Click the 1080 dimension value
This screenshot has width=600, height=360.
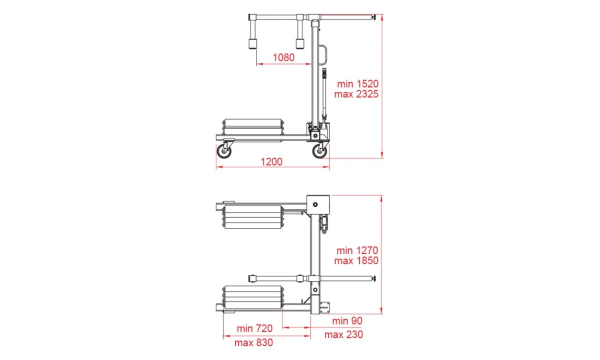pyautogui.click(x=283, y=57)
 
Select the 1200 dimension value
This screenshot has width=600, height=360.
pyautogui.click(x=271, y=162)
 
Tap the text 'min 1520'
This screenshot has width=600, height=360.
pyautogui.click(x=357, y=84)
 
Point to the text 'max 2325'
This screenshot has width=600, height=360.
pyautogui.click(x=356, y=94)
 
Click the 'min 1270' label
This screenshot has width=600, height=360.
pyautogui.click(x=357, y=250)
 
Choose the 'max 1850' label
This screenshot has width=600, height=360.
pyautogui.click(x=356, y=260)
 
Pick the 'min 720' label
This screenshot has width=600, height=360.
pyautogui.click(x=254, y=328)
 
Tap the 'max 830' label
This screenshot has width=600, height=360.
pyautogui.click(x=253, y=342)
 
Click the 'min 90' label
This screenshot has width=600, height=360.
pyautogui.click(x=347, y=321)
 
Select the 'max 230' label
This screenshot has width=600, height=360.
pyautogui.click(x=343, y=334)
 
